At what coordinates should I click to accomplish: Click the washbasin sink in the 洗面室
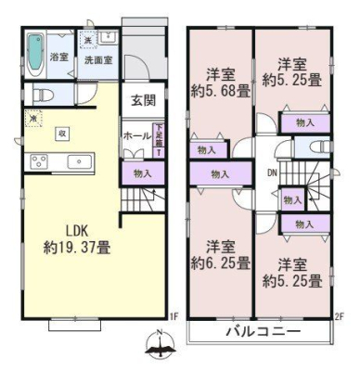(106, 38)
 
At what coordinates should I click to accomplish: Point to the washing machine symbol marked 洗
(87, 41)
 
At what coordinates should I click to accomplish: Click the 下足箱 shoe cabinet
(159, 143)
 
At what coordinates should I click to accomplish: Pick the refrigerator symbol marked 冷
(33, 120)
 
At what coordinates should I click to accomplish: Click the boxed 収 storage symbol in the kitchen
(62, 132)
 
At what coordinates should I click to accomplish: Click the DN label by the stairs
(272, 172)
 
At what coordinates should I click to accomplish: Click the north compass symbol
(160, 349)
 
